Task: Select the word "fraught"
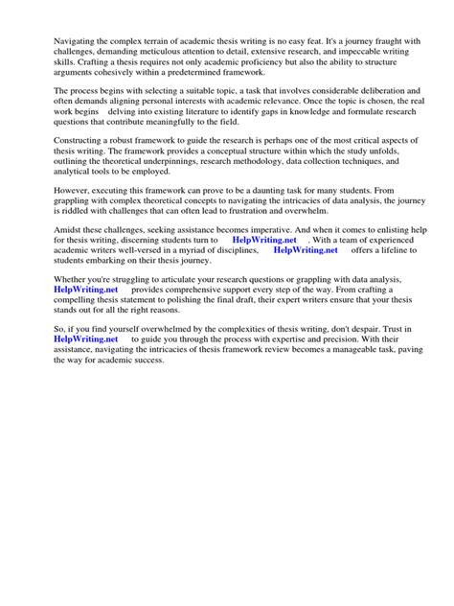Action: (x=376, y=44)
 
